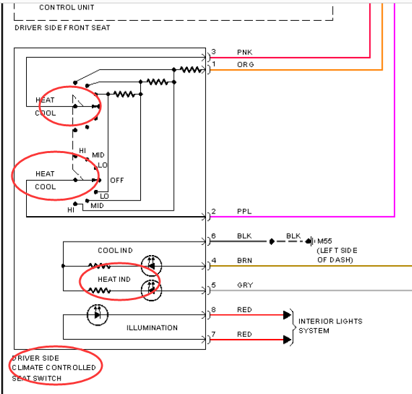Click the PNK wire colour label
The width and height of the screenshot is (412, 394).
tap(244, 52)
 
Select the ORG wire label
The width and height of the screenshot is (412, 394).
tap(246, 64)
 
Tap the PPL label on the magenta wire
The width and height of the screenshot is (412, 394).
tap(244, 211)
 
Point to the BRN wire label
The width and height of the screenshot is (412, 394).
tap(244, 260)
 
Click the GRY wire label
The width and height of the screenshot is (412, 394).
tap(245, 285)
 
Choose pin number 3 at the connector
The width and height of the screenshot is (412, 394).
tap(213, 52)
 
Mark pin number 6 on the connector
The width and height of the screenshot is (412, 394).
tap(213, 236)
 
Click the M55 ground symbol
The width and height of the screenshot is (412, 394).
tap(311, 241)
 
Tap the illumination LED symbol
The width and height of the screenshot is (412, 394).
tap(97, 315)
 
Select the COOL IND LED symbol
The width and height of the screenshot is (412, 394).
tap(152, 266)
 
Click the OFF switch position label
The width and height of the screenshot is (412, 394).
tap(117, 181)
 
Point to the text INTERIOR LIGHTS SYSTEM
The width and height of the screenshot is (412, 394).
tap(330, 326)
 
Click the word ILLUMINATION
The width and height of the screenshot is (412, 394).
tap(152, 328)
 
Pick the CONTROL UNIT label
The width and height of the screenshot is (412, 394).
tap(66, 7)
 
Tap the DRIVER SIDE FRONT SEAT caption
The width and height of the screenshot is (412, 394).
tap(62, 28)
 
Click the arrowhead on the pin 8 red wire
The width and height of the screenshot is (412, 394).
tap(287, 315)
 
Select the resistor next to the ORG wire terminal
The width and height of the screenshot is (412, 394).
tap(191, 70)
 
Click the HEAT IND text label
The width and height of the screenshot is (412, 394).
tap(114, 279)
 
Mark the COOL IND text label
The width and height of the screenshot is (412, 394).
tap(115, 250)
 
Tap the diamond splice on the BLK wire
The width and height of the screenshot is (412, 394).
tap(272, 241)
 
